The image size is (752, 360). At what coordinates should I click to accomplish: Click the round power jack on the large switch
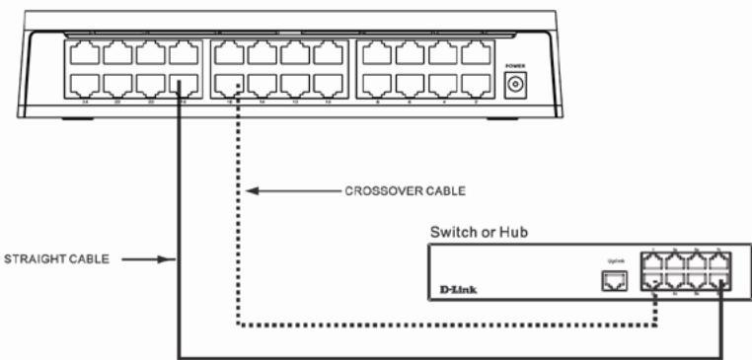tap(514, 86)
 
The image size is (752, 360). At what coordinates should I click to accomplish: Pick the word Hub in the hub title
tap(518, 233)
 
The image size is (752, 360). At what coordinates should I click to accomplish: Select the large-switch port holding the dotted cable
tap(231, 85)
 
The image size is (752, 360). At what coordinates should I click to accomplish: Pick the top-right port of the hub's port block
tap(723, 263)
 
